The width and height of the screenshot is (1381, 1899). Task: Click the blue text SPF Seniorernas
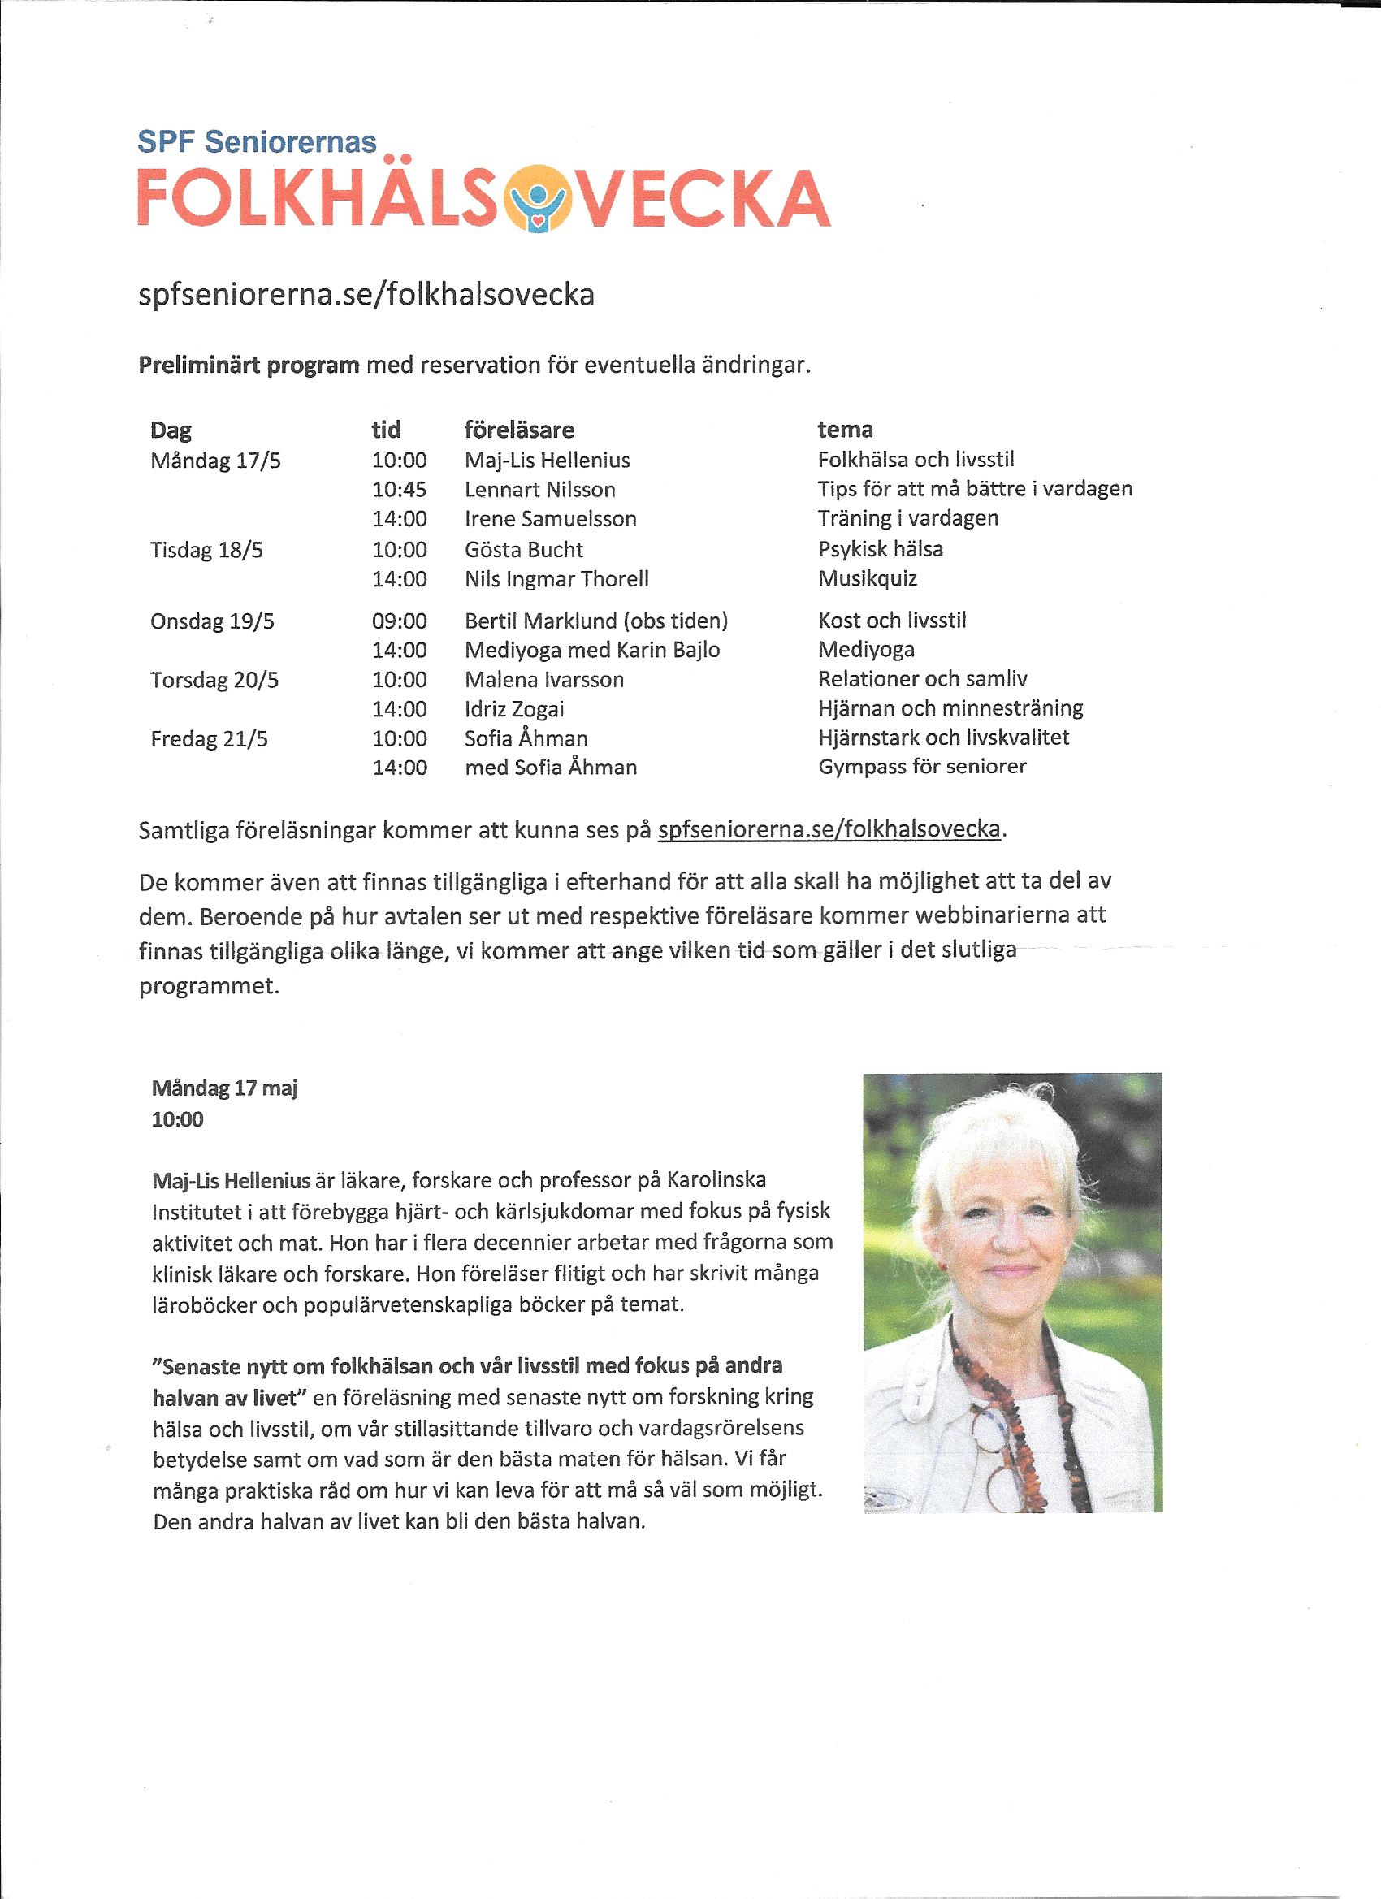pyautogui.click(x=256, y=141)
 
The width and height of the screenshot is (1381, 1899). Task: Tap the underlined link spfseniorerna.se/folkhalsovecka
pyautogui.click(x=829, y=828)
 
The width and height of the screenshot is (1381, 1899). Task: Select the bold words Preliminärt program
pyautogui.click(x=249, y=365)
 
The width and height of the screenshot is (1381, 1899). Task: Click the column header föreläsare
pyautogui.click(x=519, y=430)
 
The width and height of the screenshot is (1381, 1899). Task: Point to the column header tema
pyautogui.click(x=845, y=429)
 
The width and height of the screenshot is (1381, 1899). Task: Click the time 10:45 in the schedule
pyautogui.click(x=399, y=489)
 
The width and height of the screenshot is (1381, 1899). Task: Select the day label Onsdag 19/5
pyautogui.click(x=212, y=621)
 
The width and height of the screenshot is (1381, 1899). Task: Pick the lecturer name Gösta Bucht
pyautogui.click(x=523, y=549)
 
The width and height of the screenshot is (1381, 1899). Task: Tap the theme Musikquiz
pyautogui.click(x=867, y=577)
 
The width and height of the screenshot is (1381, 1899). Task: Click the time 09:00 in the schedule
pyautogui.click(x=399, y=621)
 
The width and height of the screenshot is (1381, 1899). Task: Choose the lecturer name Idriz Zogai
pyautogui.click(x=514, y=708)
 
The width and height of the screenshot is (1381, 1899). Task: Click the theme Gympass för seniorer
pyautogui.click(x=921, y=766)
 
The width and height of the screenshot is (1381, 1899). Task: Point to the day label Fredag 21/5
pyautogui.click(x=209, y=738)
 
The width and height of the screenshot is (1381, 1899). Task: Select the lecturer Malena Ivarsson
pyautogui.click(x=543, y=679)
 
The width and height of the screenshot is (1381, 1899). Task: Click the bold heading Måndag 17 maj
pyautogui.click(x=223, y=1088)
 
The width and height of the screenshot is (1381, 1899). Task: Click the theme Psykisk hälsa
pyautogui.click(x=881, y=548)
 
